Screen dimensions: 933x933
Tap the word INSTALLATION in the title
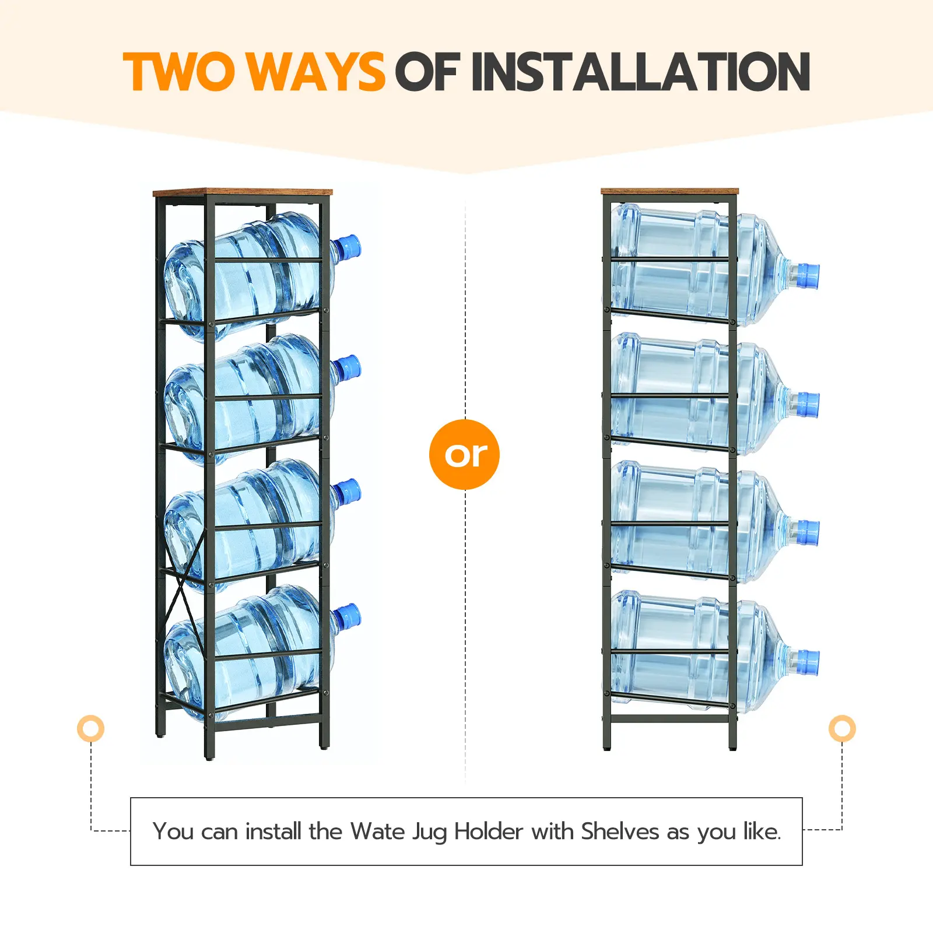tap(641, 72)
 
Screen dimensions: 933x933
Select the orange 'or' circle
tap(464, 454)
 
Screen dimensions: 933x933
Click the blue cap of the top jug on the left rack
tap(348, 247)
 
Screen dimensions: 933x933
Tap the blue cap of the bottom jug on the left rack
tap(348, 616)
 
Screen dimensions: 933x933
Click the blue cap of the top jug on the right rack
tap(807, 276)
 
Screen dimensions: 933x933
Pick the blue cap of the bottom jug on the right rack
tap(807, 663)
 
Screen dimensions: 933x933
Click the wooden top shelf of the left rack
tap(243, 192)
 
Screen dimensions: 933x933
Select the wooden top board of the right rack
tap(669, 191)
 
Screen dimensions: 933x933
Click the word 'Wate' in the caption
tap(377, 831)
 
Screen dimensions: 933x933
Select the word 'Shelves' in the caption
tap(620, 831)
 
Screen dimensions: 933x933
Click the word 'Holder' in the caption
tap(488, 831)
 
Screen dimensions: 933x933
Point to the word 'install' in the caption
tap(273, 831)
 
